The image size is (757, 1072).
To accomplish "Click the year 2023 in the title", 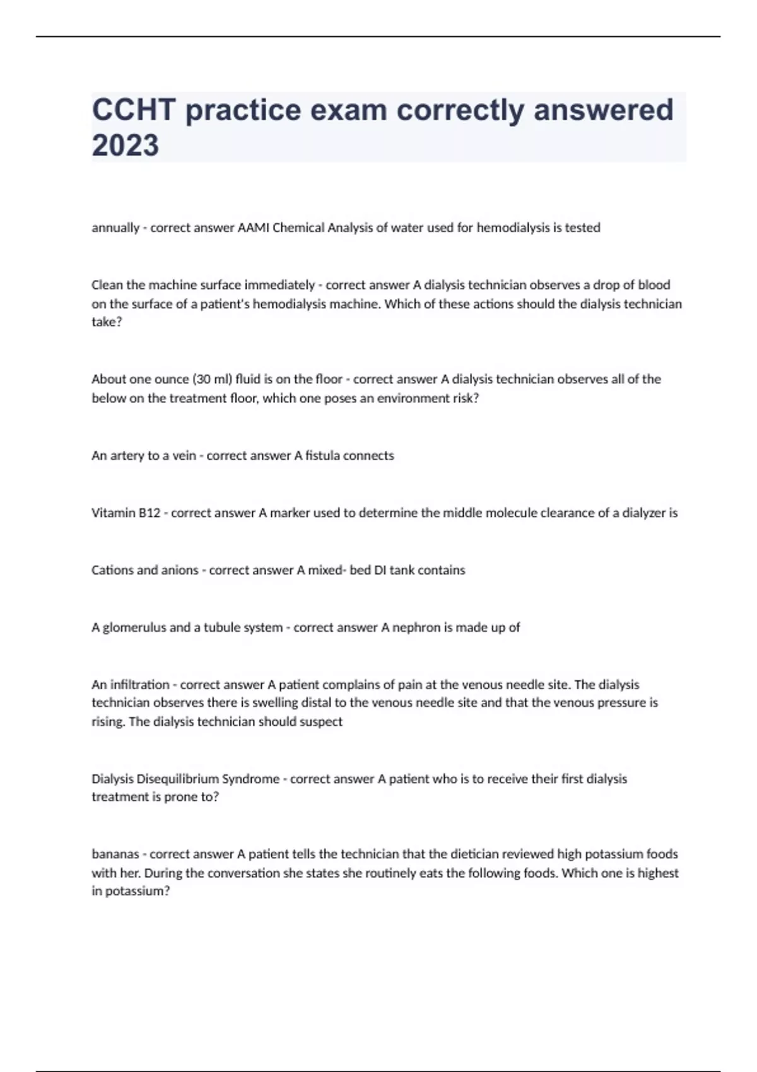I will click(125, 145).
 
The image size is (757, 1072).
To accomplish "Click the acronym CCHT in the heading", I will click(134, 110).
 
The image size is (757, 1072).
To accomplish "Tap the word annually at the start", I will click(115, 228).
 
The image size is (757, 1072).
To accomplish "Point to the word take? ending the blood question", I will click(107, 322).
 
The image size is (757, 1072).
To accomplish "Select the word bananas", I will click(115, 854).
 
